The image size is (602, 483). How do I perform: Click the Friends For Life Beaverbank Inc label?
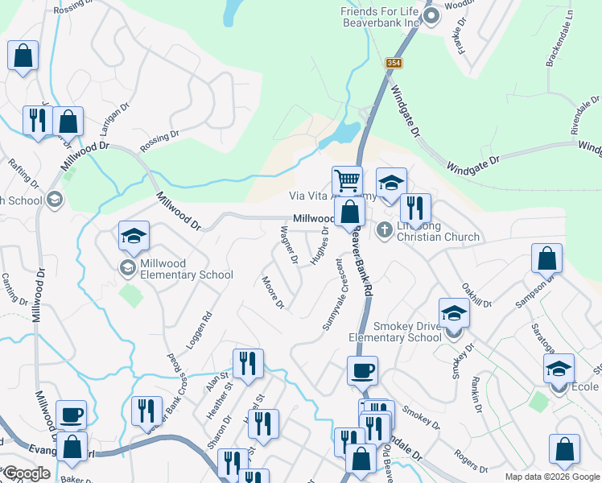[381, 17]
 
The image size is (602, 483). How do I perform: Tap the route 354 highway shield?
[393, 63]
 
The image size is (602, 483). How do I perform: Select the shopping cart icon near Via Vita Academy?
[347, 180]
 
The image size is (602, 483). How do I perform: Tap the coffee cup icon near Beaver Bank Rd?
[362, 370]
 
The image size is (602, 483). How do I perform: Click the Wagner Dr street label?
[289, 246]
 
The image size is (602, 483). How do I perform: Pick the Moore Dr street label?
[273, 292]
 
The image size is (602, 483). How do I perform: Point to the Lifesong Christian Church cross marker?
[384, 231]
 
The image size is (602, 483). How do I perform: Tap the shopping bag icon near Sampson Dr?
[546, 258]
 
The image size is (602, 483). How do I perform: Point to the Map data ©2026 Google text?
[550, 477]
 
